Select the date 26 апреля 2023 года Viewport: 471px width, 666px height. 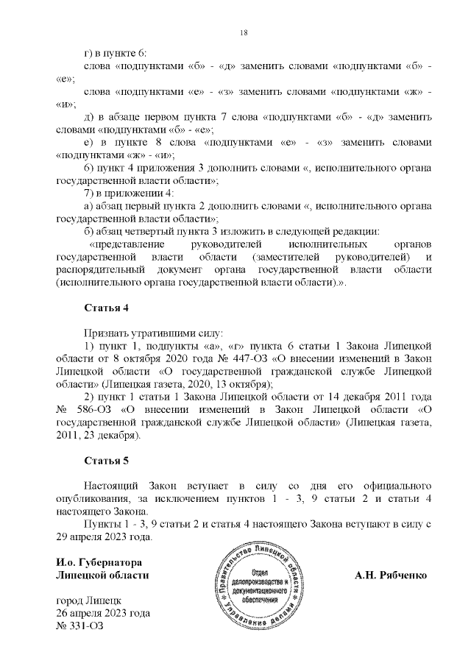(x=103, y=613)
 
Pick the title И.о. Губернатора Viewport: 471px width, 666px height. (x=99, y=562)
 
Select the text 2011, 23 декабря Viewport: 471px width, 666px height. (x=96, y=436)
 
